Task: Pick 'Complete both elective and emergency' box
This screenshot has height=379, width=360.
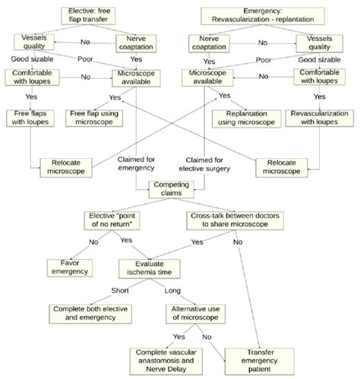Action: [x=90, y=314]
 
